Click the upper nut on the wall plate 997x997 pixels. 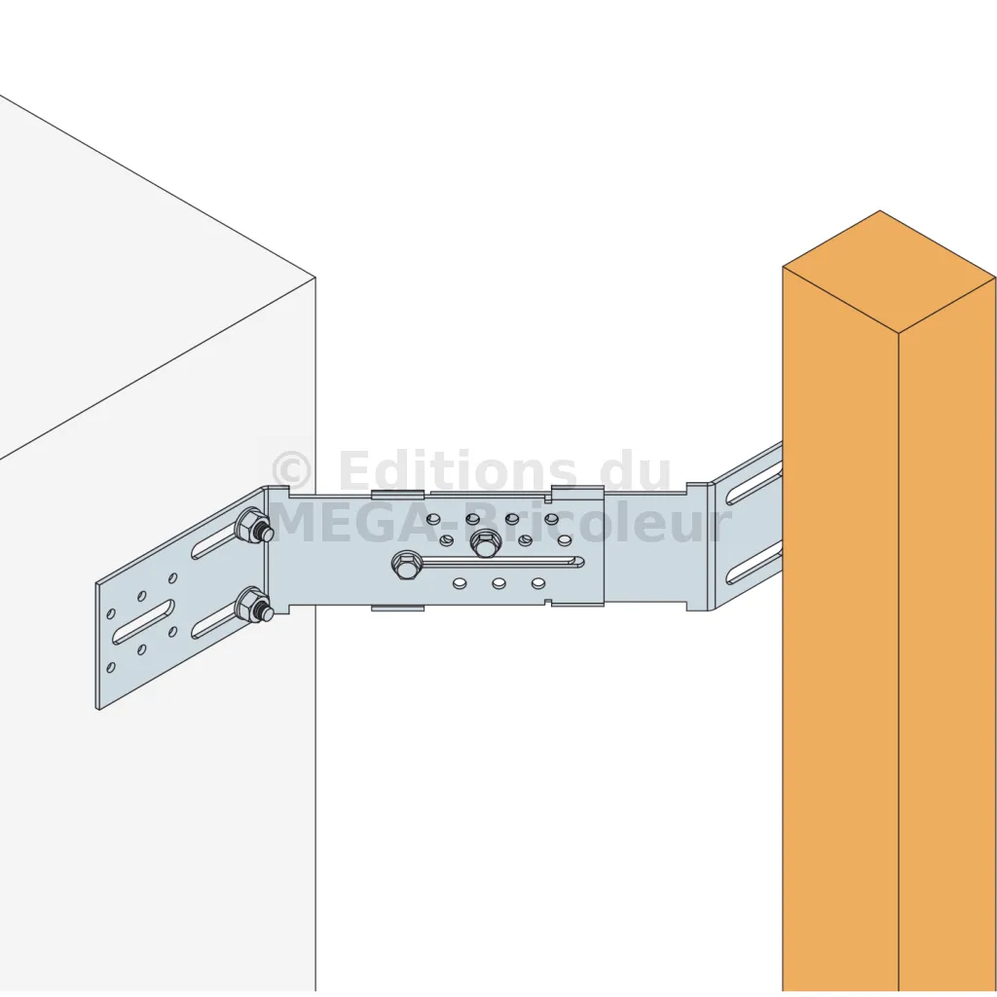[253, 526]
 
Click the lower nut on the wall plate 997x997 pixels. [253, 606]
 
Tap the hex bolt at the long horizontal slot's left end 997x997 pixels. [405, 565]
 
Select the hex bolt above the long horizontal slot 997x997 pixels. [486, 543]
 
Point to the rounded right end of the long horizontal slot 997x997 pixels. [577, 562]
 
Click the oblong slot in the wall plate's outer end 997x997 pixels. [143, 622]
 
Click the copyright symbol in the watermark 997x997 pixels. [291, 470]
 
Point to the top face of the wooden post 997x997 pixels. [889, 272]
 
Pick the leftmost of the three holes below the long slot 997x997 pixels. [460, 583]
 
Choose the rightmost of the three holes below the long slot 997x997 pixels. [538, 583]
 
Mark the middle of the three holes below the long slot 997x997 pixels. [499, 583]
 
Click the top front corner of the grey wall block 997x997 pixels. [315, 277]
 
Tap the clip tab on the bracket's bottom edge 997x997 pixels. [397, 608]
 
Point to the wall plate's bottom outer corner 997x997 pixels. [97, 709]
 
